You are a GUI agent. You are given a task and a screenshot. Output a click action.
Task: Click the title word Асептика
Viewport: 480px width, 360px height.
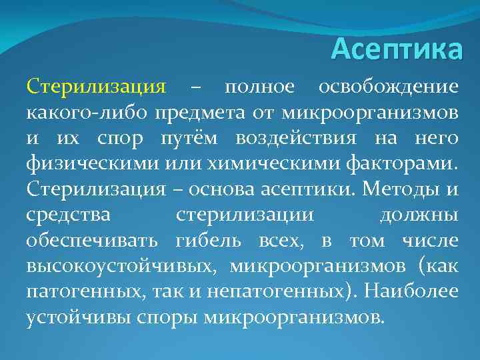[x=396, y=49]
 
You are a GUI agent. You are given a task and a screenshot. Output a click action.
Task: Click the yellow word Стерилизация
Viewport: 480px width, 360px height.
[x=95, y=87]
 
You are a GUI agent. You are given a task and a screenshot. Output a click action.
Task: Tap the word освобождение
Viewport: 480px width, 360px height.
[x=388, y=87]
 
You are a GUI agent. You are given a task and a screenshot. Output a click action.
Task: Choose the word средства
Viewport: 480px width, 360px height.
[x=69, y=215]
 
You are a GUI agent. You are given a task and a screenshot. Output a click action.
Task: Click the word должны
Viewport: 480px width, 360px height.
[x=419, y=215]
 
